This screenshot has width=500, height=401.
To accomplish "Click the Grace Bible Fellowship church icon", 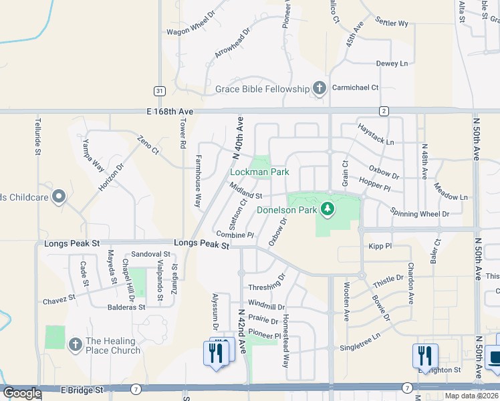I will point(320,88).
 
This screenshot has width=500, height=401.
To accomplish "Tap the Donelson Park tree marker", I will point(327,210).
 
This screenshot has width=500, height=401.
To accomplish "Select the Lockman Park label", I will point(259,172).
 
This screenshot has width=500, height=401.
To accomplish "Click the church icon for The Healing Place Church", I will point(76,344).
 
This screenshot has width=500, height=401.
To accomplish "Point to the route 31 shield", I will point(158,90).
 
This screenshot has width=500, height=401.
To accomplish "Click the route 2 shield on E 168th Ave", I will point(383,110).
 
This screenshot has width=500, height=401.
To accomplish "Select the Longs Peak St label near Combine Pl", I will point(202,245).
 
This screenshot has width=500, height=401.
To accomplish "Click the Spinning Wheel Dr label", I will point(420,214).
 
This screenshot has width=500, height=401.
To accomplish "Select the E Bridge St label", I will point(82,389).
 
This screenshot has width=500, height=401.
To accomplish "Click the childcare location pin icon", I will point(58,196).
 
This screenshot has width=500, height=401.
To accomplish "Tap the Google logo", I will point(23,393).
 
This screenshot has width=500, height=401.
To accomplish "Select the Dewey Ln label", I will point(392,63).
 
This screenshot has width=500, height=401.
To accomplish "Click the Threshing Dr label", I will point(267,287).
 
